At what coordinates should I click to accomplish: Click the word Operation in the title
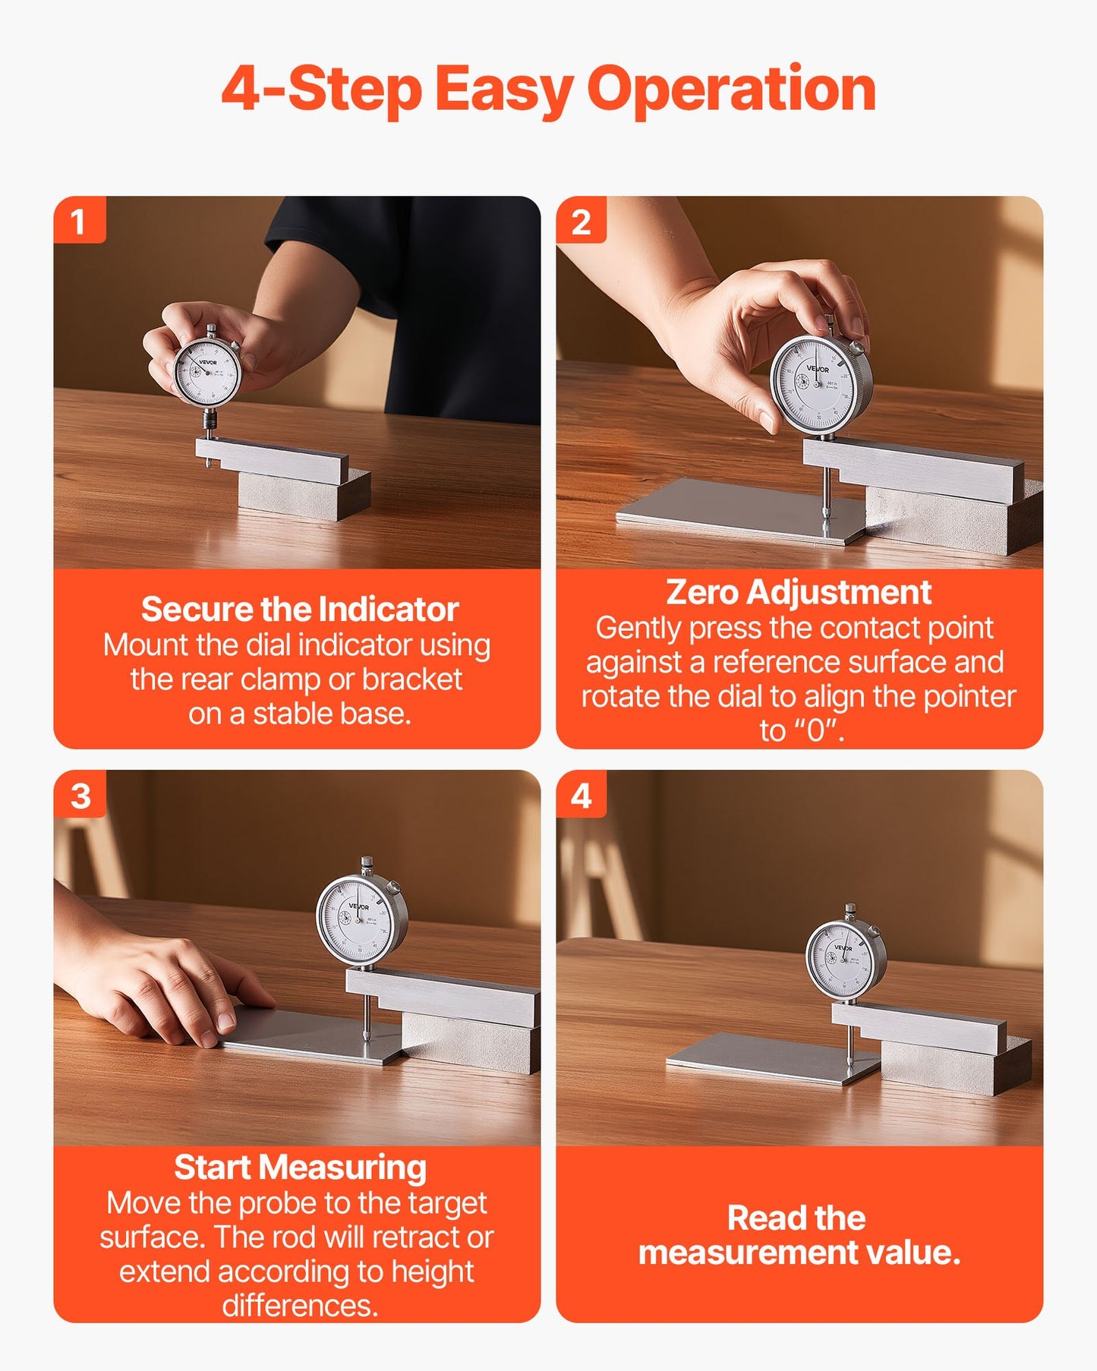click(731, 90)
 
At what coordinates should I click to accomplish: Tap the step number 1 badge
click(78, 222)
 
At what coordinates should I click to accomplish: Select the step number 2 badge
click(581, 222)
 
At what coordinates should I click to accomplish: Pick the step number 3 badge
click(80, 796)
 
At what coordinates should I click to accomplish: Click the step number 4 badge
click(582, 796)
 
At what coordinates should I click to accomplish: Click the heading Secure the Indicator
click(299, 610)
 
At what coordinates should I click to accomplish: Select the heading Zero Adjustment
click(798, 592)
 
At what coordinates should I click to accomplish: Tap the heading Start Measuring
click(299, 1168)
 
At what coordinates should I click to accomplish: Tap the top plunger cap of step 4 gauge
click(850, 909)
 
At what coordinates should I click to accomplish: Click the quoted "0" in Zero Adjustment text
click(816, 730)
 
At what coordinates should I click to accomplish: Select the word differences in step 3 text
click(299, 1306)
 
